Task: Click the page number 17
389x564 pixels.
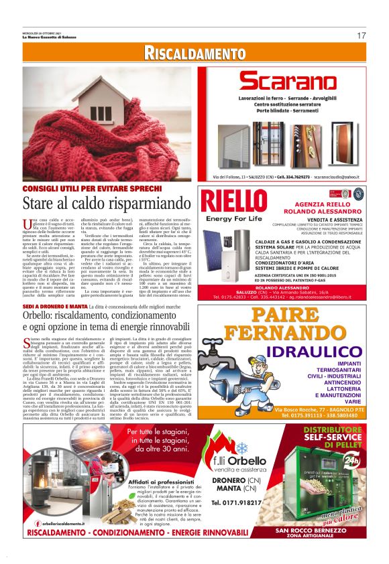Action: pyautogui.click(x=361, y=35)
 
